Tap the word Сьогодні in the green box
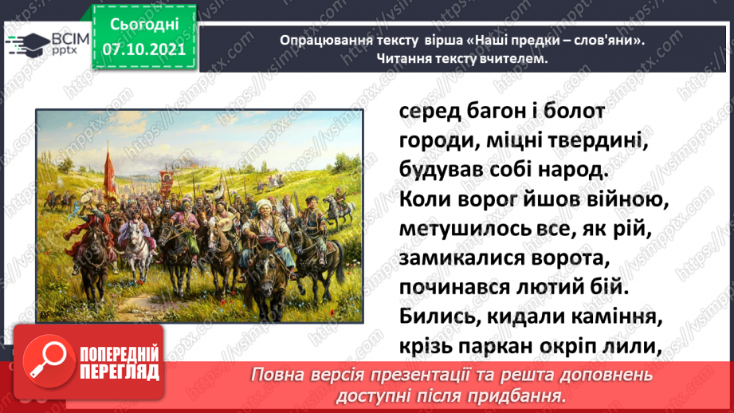point(144,25)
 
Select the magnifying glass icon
point(48,361)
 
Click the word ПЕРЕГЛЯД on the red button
point(120,372)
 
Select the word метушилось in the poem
point(463,229)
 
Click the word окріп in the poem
point(574,348)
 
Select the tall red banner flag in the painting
point(111,173)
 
